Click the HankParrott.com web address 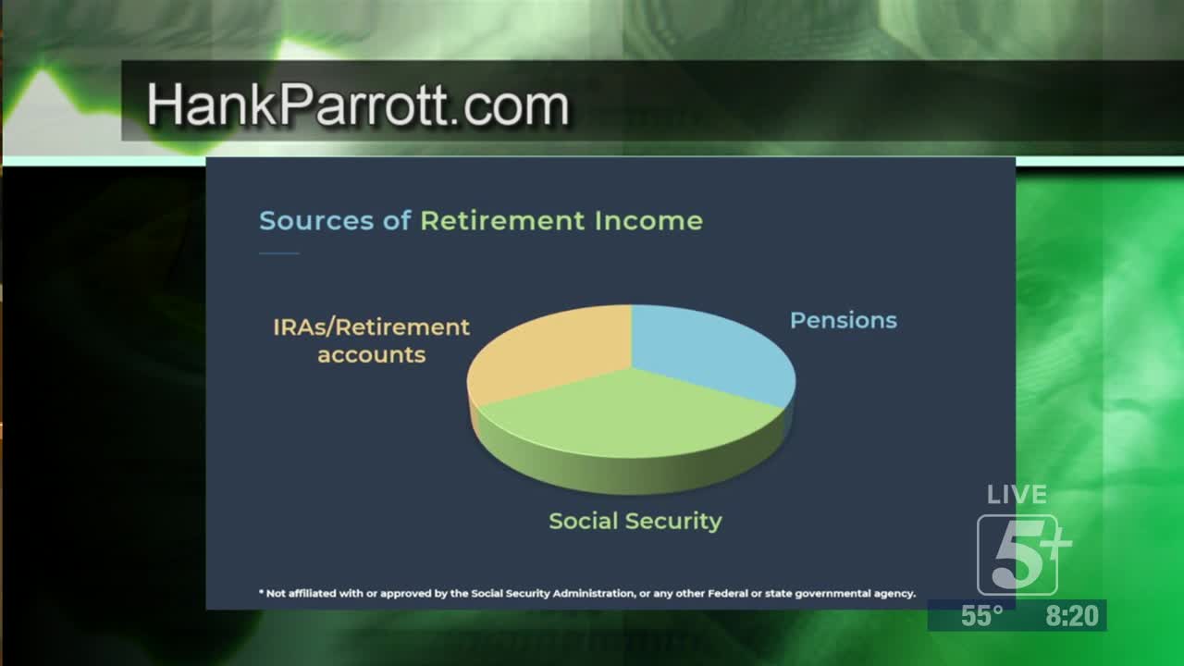pyautogui.click(x=358, y=105)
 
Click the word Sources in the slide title pyautogui.click(x=316, y=220)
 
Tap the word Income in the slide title pyautogui.click(x=648, y=220)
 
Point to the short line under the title pyautogui.click(x=279, y=253)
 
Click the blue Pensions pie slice pyautogui.click(x=709, y=354)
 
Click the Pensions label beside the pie pyautogui.click(x=844, y=320)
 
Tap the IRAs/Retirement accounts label pyautogui.click(x=371, y=341)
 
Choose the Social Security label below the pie pyautogui.click(x=635, y=521)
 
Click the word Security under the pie pyautogui.click(x=673, y=521)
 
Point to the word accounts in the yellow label pyautogui.click(x=372, y=354)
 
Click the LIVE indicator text pyautogui.click(x=1017, y=495)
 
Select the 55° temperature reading pyautogui.click(x=982, y=616)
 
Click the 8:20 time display pyautogui.click(x=1072, y=616)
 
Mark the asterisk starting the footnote pyautogui.click(x=261, y=591)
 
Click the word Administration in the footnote pyautogui.click(x=598, y=594)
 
